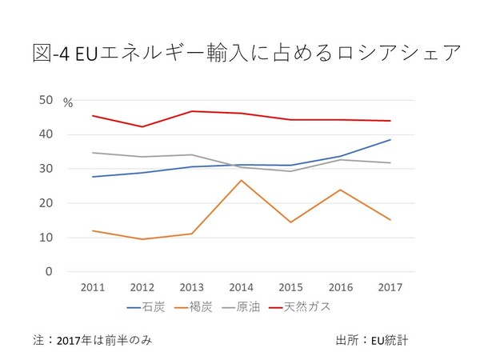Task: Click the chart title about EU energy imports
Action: [240, 54]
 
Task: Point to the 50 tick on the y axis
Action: [46, 100]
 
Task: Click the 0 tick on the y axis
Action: [49, 272]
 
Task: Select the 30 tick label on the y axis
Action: [46, 169]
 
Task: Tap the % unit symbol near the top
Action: [68, 103]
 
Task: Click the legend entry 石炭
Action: [150, 306]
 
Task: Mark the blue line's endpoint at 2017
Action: [390, 140]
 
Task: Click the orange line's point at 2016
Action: [340, 190]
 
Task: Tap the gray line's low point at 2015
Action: [290, 171]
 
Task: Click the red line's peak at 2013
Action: [192, 111]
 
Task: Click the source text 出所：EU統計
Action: [372, 340]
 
